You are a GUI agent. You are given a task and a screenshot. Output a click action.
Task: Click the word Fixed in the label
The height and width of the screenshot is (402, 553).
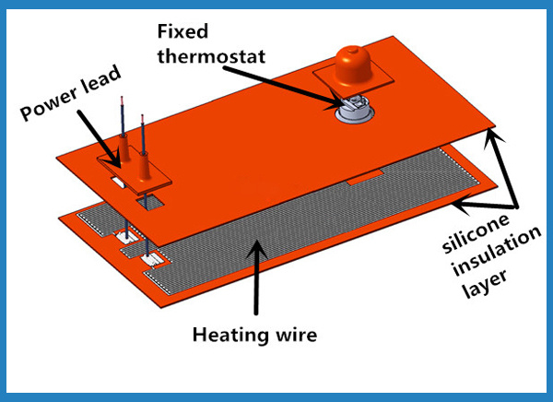coord(182,31)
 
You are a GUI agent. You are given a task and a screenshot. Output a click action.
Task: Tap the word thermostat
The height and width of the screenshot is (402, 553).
coord(211,56)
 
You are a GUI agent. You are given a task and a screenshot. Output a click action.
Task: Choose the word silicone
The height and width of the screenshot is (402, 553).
coord(476,232)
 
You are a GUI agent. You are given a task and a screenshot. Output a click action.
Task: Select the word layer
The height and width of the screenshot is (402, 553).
coord(485,283)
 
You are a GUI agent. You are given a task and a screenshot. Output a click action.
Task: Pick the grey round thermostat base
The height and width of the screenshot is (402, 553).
coord(354,112)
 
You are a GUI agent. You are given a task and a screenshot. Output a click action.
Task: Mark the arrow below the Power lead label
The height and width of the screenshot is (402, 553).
coord(100,138)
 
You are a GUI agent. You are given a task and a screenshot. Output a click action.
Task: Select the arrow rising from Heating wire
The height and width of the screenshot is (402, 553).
coord(257,277)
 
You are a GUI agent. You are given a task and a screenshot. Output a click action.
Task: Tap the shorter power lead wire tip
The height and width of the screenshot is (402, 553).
coord(143,116)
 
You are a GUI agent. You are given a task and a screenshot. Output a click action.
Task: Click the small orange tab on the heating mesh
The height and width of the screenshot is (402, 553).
coord(365,177)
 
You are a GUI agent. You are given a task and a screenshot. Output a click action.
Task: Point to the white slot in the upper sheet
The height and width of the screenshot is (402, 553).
coord(117,183)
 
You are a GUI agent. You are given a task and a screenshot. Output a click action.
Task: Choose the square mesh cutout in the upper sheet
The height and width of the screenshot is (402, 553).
coord(150,202)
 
